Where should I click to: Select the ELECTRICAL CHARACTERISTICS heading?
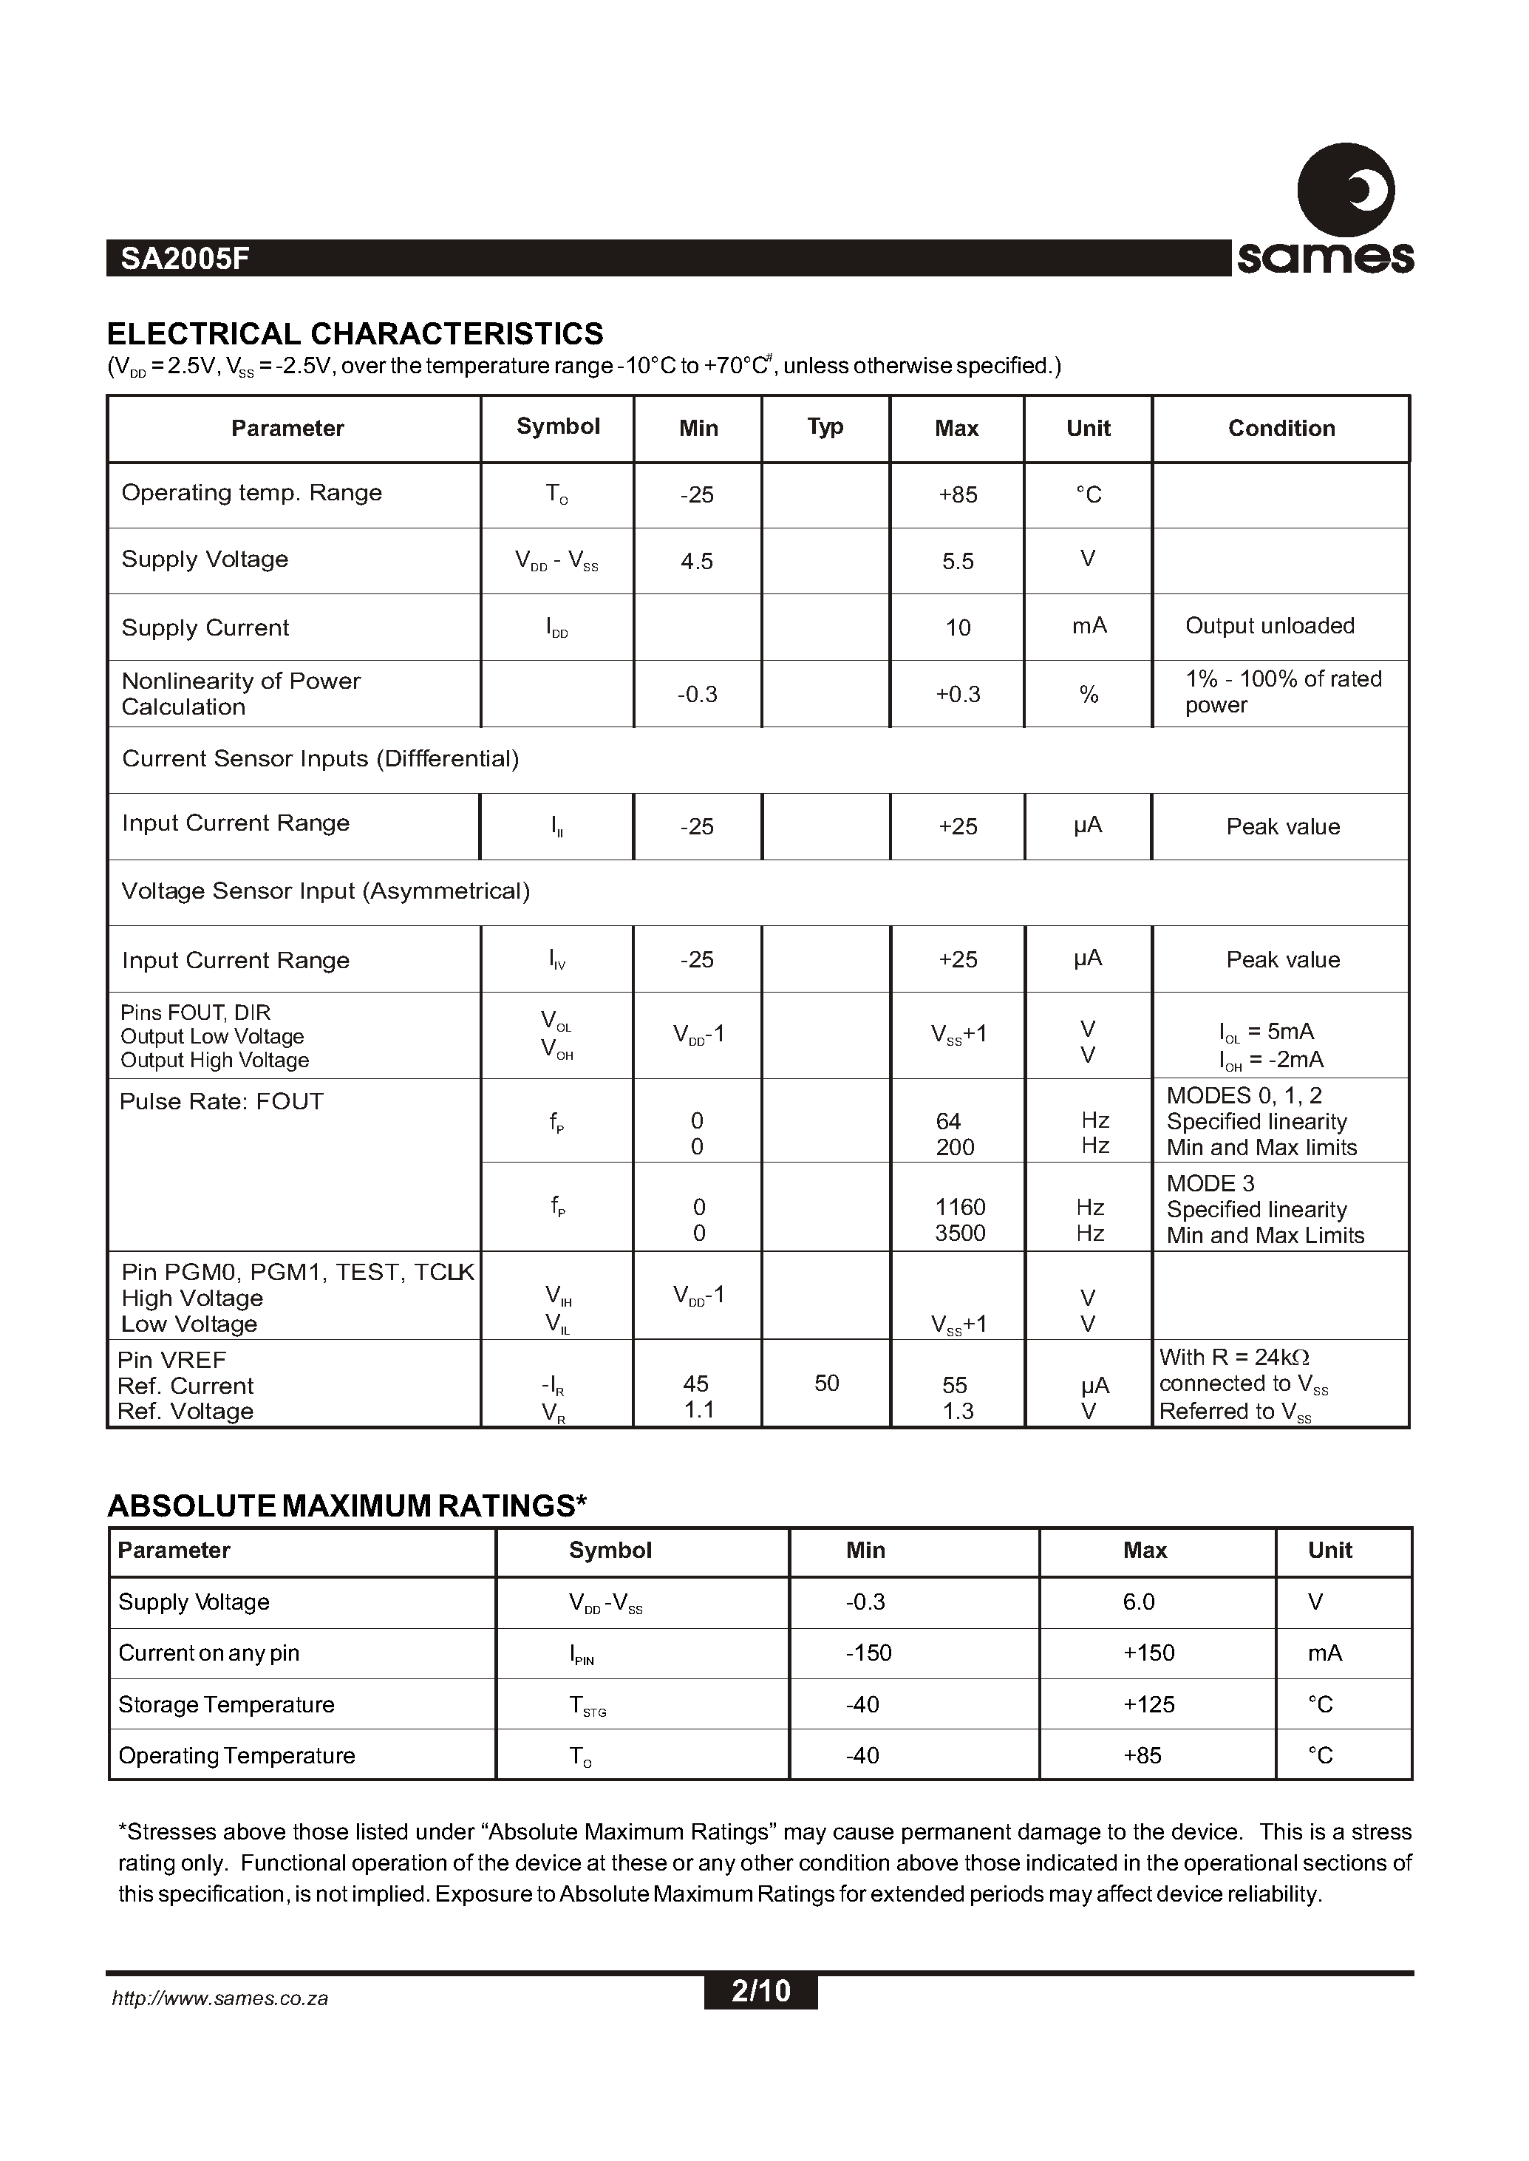(355, 334)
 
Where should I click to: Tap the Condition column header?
(1281, 429)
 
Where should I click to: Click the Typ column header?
(825, 427)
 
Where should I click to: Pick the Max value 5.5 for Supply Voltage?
(958, 561)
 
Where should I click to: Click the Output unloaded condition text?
(1268, 626)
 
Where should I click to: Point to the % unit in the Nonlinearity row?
(1089, 695)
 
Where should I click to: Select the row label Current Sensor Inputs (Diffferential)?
(320, 759)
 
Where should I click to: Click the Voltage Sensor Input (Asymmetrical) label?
(326, 891)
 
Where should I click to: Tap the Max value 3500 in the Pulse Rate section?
(959, 1233)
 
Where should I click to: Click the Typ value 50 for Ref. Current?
(825, 1384)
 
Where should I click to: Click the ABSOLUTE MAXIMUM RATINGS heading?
(347, 1505)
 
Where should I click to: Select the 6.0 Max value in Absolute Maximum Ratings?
(1138, 1602)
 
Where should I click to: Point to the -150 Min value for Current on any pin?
(868, 1653)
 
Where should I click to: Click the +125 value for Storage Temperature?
(1148, 1704)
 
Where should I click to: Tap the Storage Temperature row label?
(226, 1704)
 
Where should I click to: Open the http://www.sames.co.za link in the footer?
(219, 1999)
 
